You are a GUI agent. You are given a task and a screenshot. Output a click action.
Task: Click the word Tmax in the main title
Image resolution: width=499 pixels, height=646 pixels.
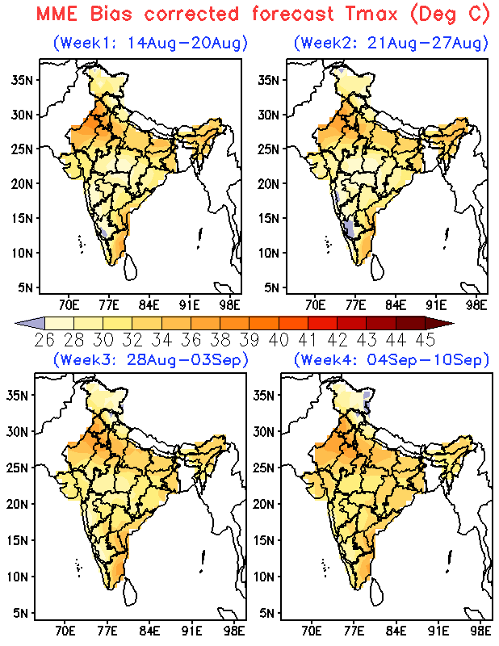pyautogui.click(x=371, y=14)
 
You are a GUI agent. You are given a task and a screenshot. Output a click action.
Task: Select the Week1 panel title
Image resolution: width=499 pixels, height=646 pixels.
pyautogui.click(x=150, y=43)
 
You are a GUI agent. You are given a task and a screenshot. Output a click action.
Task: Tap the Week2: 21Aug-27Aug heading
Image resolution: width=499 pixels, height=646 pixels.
pyautogui.click(x=391, y=43)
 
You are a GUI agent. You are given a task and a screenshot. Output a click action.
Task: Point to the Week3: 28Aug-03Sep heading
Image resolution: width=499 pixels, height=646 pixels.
pyautogui.click(x=150, y=359)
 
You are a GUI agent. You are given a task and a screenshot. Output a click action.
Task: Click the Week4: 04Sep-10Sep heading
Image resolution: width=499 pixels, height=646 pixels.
pyautogui.click(x=391, y=359)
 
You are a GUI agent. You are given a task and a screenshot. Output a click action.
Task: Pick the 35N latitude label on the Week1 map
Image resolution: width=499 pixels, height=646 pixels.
pyautogui.click(x=23, y=79)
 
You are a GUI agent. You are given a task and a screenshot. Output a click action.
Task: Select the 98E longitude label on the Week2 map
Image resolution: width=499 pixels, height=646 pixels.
pyautogui.click(x=476, y=305)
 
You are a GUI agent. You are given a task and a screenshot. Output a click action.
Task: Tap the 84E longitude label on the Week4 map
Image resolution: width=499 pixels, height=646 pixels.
pyautogui.click(x=396, y=631)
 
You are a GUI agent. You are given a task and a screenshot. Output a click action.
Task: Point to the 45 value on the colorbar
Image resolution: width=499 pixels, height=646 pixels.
pyautogui.click(x=426, y=340)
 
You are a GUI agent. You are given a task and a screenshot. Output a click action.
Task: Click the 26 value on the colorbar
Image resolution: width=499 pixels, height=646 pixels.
pyautogui.click(x=44, y=340)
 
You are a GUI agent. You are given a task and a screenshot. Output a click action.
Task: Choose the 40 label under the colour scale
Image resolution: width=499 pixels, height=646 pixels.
pyautogui.click(x=279, y=340)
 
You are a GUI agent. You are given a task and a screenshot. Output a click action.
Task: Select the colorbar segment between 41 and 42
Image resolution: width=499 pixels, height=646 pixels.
pyautogui.click(x=323, y=324)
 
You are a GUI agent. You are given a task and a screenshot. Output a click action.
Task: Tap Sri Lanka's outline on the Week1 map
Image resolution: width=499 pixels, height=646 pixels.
pyautogui.click(x=131, y=267)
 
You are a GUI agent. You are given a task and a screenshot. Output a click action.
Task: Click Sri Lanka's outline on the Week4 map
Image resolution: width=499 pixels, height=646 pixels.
pyautogui.click(x=377, y=592)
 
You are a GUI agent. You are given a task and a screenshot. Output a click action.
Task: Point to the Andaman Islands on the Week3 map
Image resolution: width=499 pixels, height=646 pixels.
pyautogui.click(x=203, y=560)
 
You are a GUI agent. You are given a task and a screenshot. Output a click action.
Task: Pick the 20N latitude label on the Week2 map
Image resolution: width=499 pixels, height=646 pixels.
pyautogui.click(x=270, y=184)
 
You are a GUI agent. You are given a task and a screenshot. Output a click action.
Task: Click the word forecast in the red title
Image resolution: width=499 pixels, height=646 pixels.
pyautogui.click(x=293, y=14)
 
